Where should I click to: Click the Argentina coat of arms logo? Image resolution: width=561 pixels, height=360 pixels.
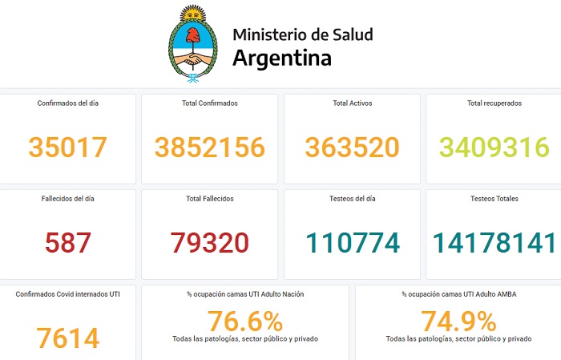192,44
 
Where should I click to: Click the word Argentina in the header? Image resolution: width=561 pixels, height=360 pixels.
281,59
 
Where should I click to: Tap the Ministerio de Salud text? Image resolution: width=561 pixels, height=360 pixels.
302,34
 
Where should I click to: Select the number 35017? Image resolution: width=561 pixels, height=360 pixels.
67,148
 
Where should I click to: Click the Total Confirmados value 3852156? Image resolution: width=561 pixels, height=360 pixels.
210,148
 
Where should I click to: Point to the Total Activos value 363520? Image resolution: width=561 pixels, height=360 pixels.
353,148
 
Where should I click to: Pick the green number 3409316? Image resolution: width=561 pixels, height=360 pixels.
494,148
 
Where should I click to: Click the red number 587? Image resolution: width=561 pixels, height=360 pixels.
67,243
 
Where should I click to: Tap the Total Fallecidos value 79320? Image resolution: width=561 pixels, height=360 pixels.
210,243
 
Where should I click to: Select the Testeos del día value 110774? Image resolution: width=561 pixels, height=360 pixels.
353,243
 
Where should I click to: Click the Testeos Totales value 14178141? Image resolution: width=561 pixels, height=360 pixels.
494,243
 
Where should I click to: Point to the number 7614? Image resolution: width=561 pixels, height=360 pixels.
67,338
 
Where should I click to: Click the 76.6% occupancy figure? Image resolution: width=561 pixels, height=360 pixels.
245,322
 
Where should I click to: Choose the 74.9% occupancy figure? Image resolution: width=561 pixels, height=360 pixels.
458,322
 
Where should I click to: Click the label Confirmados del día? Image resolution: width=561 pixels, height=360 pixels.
68,103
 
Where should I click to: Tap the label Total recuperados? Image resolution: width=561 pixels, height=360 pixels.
494,103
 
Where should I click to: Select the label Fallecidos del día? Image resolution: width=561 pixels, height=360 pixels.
68,199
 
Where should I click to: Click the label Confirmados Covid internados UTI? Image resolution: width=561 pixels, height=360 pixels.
68,294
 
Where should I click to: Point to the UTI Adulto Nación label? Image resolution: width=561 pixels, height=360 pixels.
245,294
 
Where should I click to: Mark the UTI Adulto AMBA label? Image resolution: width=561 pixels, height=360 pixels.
458,294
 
